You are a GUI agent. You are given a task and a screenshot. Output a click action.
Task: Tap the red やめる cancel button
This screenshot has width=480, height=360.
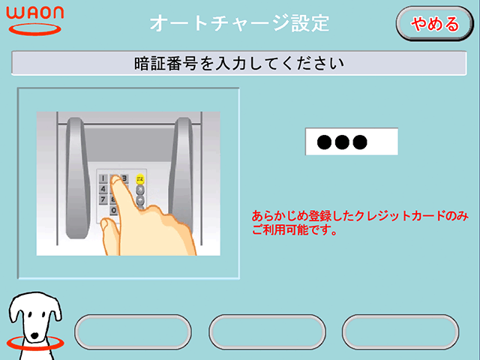click(435, 23)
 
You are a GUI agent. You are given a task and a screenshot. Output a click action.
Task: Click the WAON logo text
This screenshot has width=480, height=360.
click(35, 12)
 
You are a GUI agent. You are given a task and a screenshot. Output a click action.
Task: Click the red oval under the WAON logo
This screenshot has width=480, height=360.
click(35, 30)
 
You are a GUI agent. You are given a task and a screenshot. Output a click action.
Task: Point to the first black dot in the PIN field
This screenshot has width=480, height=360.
click(324, 142)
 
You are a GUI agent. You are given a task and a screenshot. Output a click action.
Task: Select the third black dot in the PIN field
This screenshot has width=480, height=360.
click(360, 142)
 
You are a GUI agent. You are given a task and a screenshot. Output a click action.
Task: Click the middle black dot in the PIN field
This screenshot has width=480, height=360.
click(342, 142)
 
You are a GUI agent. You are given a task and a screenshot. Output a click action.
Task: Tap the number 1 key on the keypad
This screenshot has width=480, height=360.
click(103, 178)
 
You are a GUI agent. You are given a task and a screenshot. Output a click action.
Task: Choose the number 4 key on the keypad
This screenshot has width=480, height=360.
click(103, 189)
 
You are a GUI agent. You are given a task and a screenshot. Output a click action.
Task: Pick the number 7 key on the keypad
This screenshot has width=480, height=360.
click(103, 199)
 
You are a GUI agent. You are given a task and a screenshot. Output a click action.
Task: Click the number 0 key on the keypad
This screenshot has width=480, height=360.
click(113, 210)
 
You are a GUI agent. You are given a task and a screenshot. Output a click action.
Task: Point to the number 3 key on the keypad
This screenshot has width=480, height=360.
click(124, 178)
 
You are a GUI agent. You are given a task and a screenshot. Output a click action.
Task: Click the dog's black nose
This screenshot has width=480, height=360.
click(35, 335)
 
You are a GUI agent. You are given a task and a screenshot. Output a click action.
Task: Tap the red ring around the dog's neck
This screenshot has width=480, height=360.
click(35, 343)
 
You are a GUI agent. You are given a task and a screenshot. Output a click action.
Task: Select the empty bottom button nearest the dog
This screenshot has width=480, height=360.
click(133, 331)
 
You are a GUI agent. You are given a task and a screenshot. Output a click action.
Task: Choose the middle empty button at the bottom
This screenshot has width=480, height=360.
click(267, 331)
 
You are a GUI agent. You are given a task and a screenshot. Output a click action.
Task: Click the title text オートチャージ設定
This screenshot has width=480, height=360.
click(239, 23)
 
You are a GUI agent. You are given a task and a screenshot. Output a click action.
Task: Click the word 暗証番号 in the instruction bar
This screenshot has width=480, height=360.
click(165, 63)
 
